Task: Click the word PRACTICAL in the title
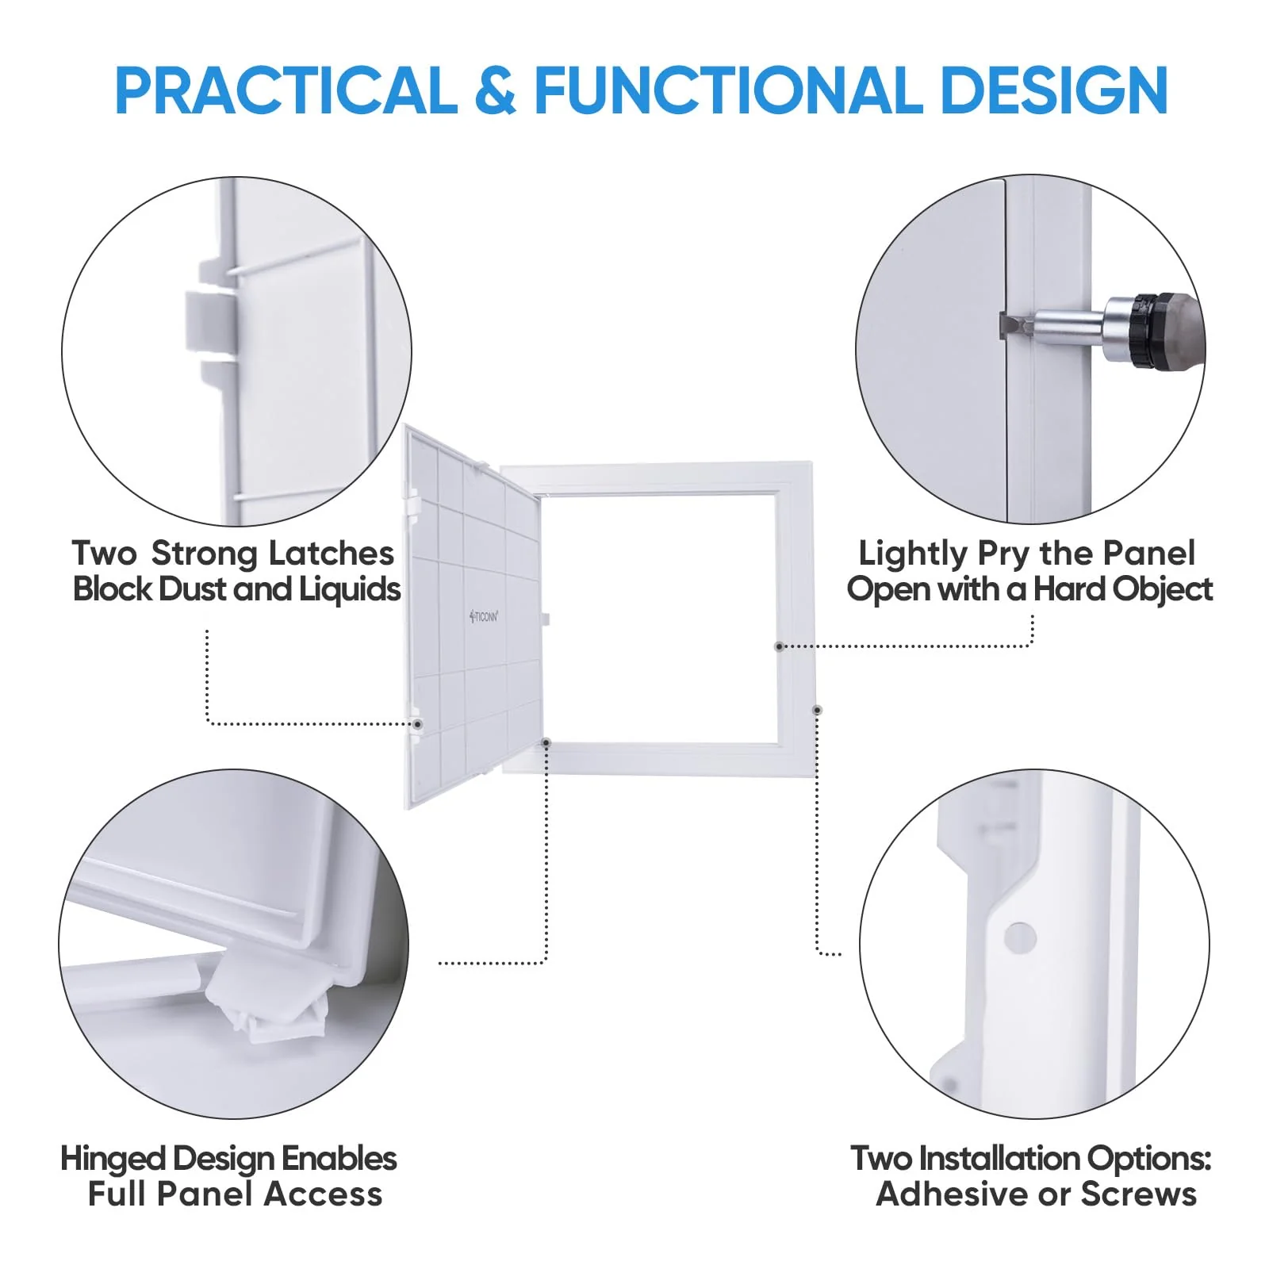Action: pyautogui.click(x=286, y=90)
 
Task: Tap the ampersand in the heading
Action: pyautogui.click(x=496, y=90)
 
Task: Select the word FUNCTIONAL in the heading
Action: pyautogui.click(x=729, y=90)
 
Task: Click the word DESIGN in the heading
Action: pyautogui.click(x=1054, y=90)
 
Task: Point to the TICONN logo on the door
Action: pyautogui.click(x=484, y=615)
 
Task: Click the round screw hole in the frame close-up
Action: pyautogui.click(x=1020, y=937)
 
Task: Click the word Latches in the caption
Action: pyautogui.click(x=332, y=554)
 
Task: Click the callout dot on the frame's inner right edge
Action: pyautogui.click(x=780, y=646)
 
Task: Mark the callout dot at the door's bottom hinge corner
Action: pyautogui.click(x=546, y=742)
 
